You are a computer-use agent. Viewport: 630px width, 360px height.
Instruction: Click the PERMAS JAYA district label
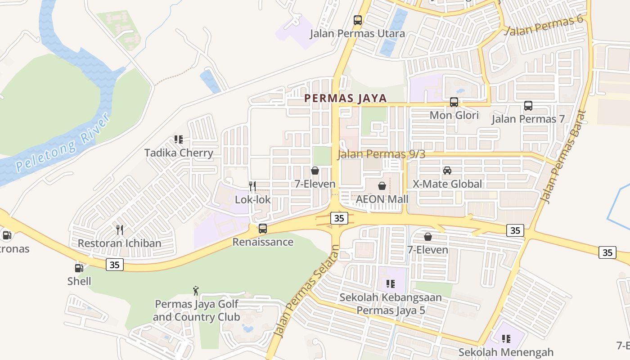(x=346, y=98)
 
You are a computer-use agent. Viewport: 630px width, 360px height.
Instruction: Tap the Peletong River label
(x=63, y=143)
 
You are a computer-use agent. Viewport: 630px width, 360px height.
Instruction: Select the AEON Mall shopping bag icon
(x=382, y=186)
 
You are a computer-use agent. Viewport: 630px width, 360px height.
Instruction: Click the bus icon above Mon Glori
(x=454, y=102)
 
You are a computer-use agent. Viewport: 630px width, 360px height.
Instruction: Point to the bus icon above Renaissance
(x=263, y=229)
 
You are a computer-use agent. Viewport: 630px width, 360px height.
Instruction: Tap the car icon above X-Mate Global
(x=447, y=171)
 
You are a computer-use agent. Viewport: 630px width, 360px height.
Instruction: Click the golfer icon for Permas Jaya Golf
(x=196, y=290)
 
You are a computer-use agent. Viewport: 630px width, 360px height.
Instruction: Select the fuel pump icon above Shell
(x=79, y=268)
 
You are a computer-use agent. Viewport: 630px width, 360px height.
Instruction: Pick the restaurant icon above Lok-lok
(x=252, y=186)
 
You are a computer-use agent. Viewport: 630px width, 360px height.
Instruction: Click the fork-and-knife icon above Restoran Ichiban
(x=120, y=230)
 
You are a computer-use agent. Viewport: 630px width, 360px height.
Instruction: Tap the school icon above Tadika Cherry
(x=179, y=139)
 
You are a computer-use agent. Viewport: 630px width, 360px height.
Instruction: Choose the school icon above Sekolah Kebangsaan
(x=390, y=284)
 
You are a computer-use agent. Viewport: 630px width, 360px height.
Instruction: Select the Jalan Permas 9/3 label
(x=381, y=154)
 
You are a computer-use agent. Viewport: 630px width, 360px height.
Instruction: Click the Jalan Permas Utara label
(x=357, y=33)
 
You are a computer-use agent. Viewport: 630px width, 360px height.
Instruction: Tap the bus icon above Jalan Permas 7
(x=528, y=106)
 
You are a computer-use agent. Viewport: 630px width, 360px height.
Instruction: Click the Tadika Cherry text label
(x=179, y=153)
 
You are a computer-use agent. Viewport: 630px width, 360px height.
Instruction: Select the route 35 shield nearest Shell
(x=115, y=265)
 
